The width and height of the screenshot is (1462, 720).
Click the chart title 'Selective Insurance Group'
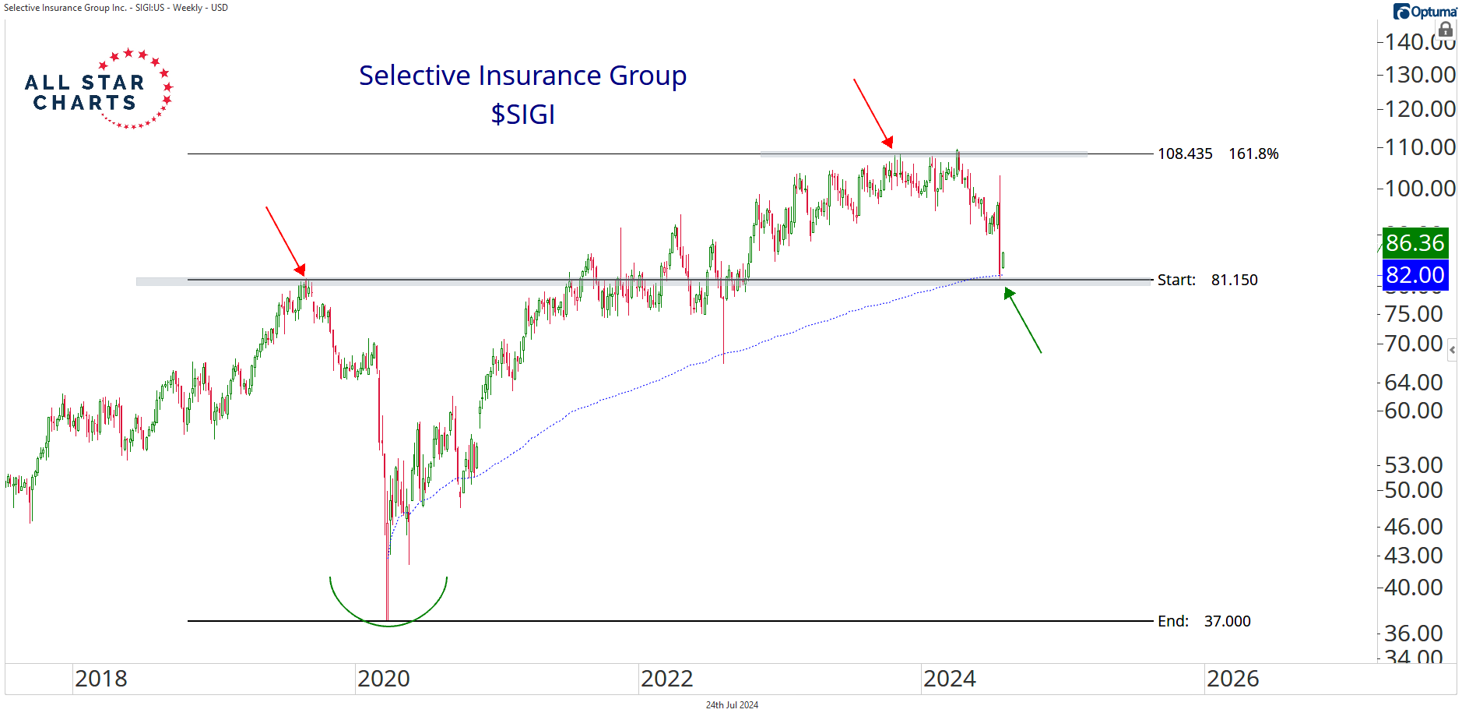522,76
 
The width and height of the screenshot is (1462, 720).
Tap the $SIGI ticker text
522,115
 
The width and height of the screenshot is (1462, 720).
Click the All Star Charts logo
98,90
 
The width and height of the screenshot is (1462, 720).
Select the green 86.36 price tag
1415,242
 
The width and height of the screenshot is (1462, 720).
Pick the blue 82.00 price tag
1415,275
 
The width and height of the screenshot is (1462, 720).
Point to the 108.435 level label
1184,154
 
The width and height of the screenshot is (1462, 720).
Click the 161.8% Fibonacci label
1253,154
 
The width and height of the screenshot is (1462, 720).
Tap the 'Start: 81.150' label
1207,280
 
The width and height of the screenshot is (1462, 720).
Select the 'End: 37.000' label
1204,621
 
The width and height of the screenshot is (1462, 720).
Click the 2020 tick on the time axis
383,679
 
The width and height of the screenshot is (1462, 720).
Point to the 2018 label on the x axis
100,679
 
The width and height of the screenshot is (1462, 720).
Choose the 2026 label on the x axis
1232,679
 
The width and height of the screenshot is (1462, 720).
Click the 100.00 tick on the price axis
1419,189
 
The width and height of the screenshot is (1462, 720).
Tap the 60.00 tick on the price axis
1413,411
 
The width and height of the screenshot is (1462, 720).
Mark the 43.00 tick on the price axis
1413,556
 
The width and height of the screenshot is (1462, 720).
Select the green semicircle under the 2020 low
388,616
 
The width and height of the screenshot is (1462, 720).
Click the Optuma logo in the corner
1425,11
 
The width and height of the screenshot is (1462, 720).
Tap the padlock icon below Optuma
1445,30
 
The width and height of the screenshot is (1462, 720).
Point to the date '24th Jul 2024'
732,705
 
